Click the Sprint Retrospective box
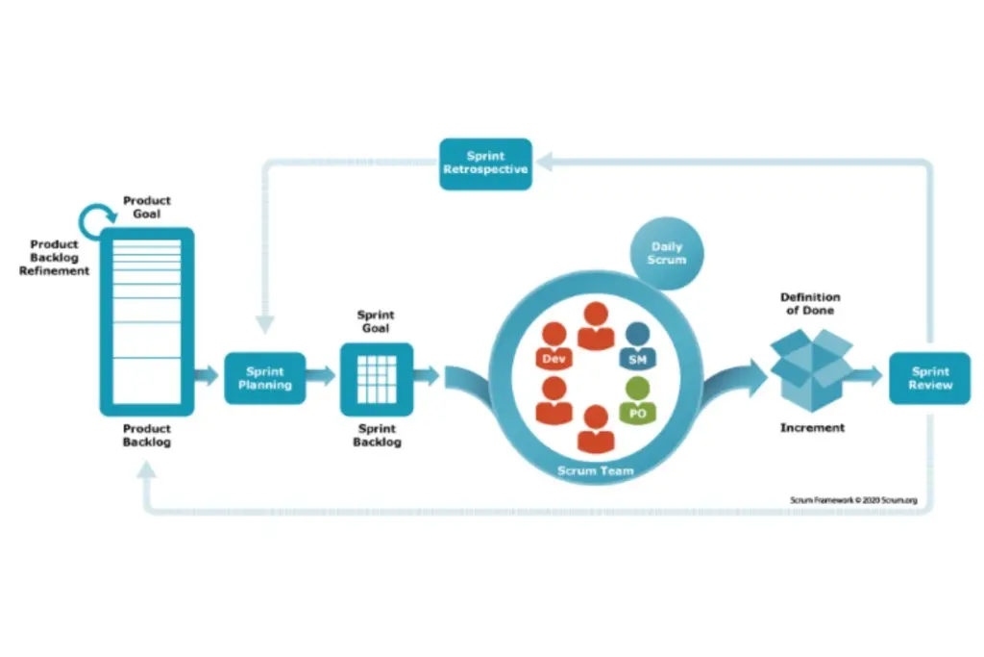(x=485, y=164)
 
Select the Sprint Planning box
(x=264, y=377)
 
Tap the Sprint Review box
(x=929, y=377)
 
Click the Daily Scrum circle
(x=667, y=253)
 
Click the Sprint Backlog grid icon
(x=377, y=379)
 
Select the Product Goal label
(x=147, y=207)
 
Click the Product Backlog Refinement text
(x=54, y=258)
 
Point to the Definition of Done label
(x=809, y=304)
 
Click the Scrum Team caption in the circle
(x=595, y=471)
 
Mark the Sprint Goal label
(x=376, y=321)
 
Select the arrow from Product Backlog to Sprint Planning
(x=207, y=376)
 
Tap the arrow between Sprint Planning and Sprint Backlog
(x=322, y=376)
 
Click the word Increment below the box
(x=812, y=427)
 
